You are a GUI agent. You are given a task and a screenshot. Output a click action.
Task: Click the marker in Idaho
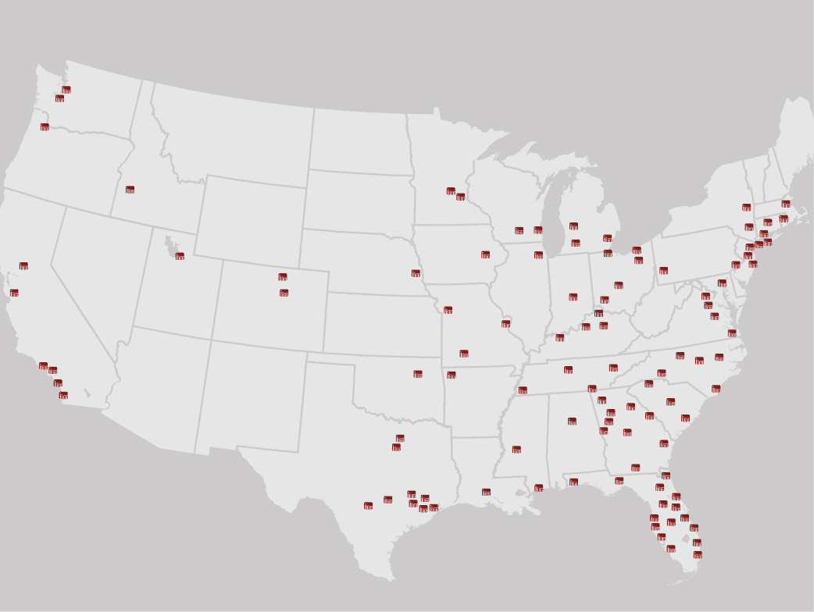[x=130, y=190]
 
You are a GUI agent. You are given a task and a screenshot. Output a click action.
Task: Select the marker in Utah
[x=180, y=256]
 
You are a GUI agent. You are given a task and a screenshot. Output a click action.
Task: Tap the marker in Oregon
[x=45, y=127]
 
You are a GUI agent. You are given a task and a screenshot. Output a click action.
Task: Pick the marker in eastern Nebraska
[x=416, y=273]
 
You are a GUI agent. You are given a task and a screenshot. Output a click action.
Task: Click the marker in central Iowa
[x=485, y=254]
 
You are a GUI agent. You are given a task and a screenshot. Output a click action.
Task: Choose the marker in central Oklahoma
[x=418, y=374]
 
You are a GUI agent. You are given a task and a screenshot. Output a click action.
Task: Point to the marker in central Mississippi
[x=516, y=449]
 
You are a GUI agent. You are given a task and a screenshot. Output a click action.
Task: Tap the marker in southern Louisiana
[x=486, y=492]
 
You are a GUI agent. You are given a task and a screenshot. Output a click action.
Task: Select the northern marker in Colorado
[x=283, y=277]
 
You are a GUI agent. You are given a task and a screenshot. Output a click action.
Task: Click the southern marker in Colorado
[x=284, y=293]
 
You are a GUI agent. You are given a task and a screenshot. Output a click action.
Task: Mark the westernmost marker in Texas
[x=368, y=506]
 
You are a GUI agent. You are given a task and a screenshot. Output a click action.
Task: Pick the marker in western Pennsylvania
[x=663, y=271]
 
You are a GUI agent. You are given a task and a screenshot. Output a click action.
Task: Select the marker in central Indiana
[x=573, y=297]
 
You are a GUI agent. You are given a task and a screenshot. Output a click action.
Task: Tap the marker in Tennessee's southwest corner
[x=523, y=390]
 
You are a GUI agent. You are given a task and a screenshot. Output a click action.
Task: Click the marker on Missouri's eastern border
[x=505, y=323]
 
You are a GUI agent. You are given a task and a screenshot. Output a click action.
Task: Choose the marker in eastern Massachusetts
[x=786, y=204]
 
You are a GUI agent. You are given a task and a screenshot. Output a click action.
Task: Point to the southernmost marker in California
[x=63, y=395]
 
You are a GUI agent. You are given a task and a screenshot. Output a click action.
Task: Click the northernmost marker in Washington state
[x=66, y=90]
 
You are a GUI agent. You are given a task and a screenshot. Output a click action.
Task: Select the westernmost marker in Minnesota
[x=451, y=190]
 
